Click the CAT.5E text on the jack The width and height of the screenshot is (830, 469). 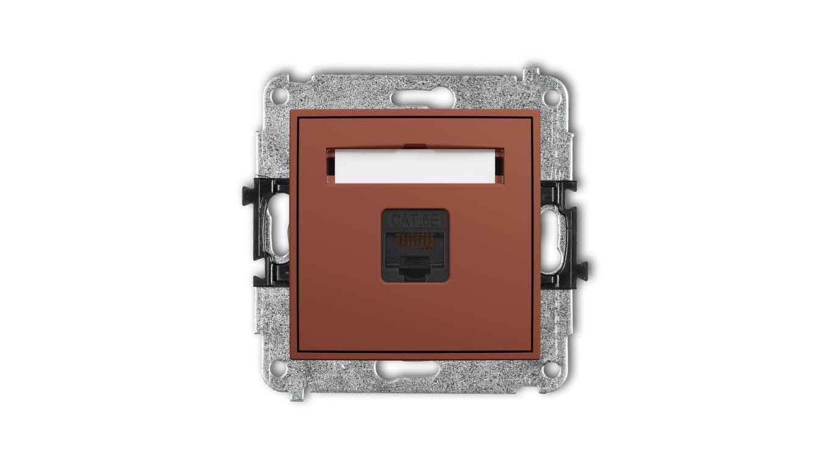(415, 221)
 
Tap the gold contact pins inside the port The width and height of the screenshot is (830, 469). (415, 241)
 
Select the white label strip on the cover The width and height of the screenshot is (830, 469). (414, 166)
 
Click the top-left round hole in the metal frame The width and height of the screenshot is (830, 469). (279, 95)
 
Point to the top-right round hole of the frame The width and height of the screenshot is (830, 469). (550, 96)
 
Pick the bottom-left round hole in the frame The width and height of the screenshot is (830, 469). (279, 368)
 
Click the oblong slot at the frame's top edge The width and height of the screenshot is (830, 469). (422, 99)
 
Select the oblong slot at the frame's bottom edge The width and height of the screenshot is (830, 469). (407, 368)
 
